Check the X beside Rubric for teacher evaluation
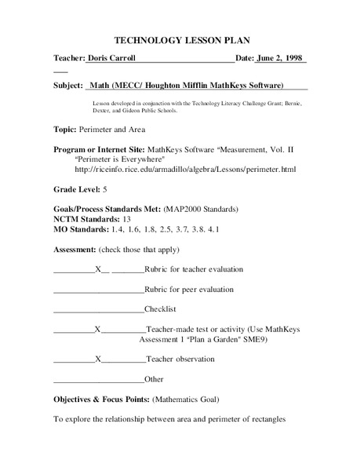[x=98, y=270]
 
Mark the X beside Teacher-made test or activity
[x=96, y=330]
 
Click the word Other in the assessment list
[x=154, y=379]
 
